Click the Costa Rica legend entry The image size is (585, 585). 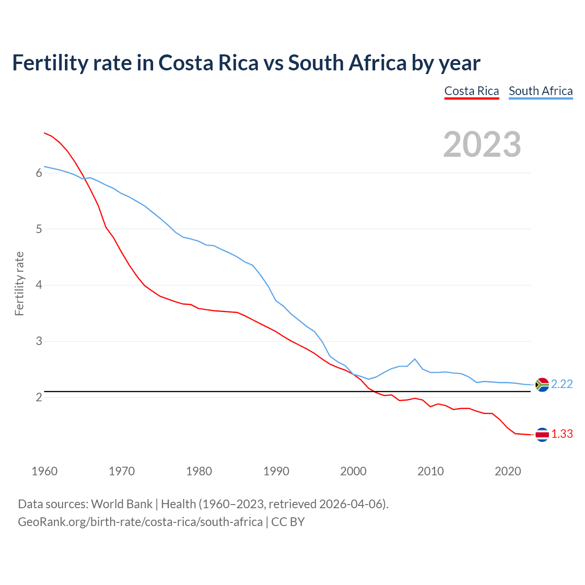pyautogui.click(x=472, y=91)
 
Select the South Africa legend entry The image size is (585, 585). pyautogui.click(x=541, y=91)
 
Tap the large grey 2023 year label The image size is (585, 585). pyautogui.click(x=482, y=144)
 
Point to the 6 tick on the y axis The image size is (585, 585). pyautogui.click(x=39, y=173)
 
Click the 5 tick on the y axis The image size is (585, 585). pyautogui.click(x=39, y=229)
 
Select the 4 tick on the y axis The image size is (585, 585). pyautogui.click(x=39, y=285)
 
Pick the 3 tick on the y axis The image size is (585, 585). pyautogui.click(x=39, y=341)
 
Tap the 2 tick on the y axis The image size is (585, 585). pyautogui.click(x=39, y=397)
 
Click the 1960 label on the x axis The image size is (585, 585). pyautogui.click(x=44, y=471)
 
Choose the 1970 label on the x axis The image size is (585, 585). pyautogui.click(x=122, y=471)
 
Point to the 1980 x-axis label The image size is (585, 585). pyautogui.click(x=199, y=471)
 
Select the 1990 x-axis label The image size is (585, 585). pyautogui.click(x=276, y=471)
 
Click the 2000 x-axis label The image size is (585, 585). pyautogui.click(x=353, y=471)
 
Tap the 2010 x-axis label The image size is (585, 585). pyautogui.click(x=431, y=471)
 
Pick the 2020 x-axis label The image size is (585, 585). pyautogui.click(x=508, y=471)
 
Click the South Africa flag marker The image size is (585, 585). pyautogui.click(x=542, y=385)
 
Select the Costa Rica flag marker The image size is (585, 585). pyautogui.click(x=542, y=435)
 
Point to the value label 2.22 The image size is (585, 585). pyautogui.click(x=562, y=384)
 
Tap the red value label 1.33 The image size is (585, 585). pyautogui.click(x=562, y=434)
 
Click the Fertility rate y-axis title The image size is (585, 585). pyautogui.click(x=19, y=283)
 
